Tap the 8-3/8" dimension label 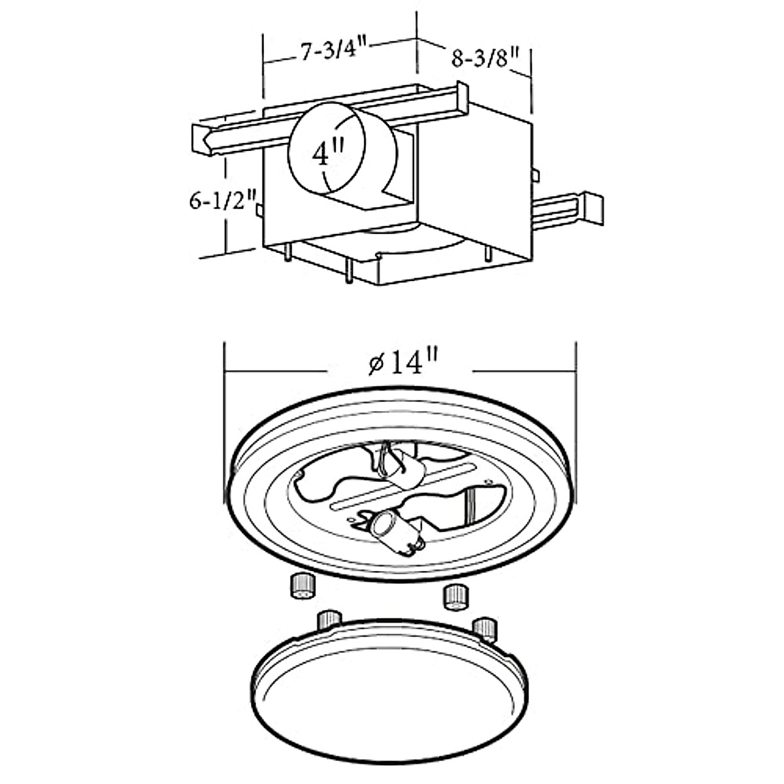coord(485,59)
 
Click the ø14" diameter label coord(402,363)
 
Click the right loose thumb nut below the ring coord(455,596)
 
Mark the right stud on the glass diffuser coord(485,629)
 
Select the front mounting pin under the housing coord(349,270)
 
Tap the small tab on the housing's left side coord(259,210)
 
